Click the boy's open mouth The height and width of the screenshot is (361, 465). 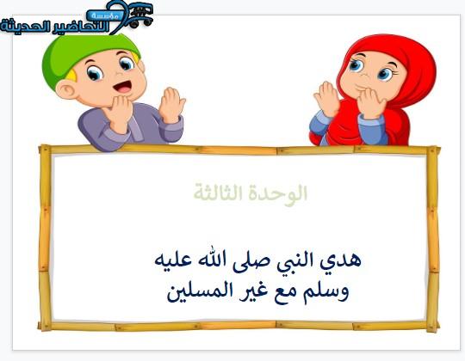(123, 87)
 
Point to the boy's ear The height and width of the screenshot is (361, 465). (66, 89)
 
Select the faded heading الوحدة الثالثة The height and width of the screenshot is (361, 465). (251, 193)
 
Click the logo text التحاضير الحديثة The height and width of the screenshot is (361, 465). (55, 27)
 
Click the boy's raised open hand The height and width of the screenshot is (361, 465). (171, 105)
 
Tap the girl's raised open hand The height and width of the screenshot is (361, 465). (327, 99)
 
